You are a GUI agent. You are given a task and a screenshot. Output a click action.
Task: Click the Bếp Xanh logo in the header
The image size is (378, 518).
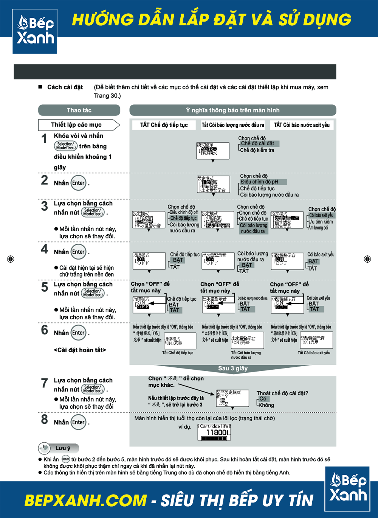(x=35, y=31)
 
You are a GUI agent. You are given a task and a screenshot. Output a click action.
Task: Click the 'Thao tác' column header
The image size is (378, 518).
(x=79, y=110)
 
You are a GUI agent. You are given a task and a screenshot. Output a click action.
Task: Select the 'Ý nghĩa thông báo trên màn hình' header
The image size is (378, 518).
(x=232, y=110)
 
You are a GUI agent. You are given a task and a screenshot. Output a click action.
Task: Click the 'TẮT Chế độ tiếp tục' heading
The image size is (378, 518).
(x=164, y=125)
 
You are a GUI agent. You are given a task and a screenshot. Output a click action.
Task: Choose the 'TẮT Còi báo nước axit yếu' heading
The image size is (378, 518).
(x=302, y=125)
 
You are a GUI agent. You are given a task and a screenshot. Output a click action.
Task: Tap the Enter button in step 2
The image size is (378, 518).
(x=79, y=183)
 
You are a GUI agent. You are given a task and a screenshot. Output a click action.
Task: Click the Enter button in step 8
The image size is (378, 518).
(x=79, y=422)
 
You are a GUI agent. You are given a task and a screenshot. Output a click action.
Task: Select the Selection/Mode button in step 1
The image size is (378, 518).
(x=66, y=146)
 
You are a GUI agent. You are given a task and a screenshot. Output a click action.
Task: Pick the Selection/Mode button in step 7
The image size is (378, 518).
(x=93, y=389)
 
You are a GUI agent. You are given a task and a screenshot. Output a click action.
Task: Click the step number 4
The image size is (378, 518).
(x=45, y=249)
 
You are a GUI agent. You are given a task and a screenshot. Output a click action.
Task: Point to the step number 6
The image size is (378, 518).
(x=45, y=330)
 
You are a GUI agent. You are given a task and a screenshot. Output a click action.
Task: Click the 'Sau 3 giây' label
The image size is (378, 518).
(x=232, y=368)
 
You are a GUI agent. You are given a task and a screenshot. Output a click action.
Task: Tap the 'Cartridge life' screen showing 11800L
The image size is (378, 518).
(x=214, y=432)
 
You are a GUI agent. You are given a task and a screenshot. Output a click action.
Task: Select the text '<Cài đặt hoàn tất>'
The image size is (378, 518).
(x=80, y=350)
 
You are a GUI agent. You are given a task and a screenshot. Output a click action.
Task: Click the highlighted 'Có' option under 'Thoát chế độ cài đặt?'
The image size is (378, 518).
(x=263, y=398)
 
